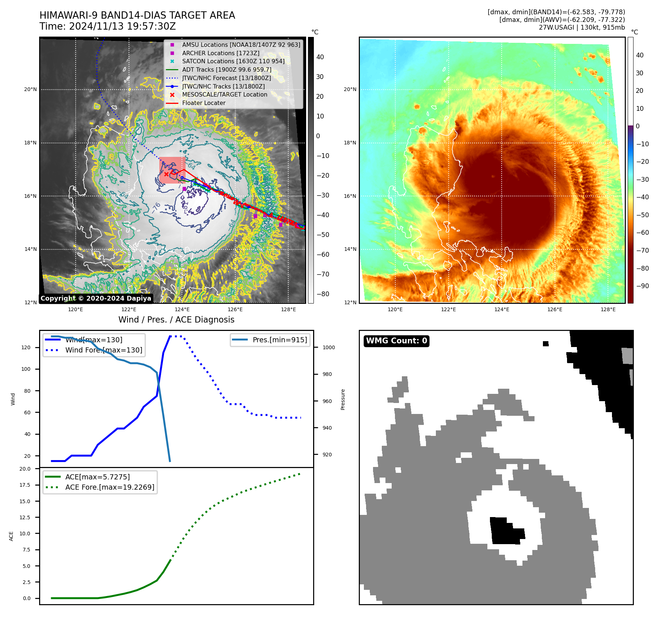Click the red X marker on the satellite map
[166, 174]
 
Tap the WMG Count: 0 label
[396, 341]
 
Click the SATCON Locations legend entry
[233, 61]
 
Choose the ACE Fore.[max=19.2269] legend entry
[110, 487]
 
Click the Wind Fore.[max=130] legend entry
[104, 350]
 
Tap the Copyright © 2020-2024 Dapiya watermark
[96, 298]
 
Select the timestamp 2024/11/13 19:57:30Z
[122, 27]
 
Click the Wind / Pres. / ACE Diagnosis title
[176, 320]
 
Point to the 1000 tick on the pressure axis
[328, 347]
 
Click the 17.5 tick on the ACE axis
[25, 485]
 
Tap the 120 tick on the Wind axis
[26, 347]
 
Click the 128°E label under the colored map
[608, 309]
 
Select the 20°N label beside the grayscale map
[31, 89]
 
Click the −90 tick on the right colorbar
[642, 286]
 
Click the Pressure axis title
[343, 399]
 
